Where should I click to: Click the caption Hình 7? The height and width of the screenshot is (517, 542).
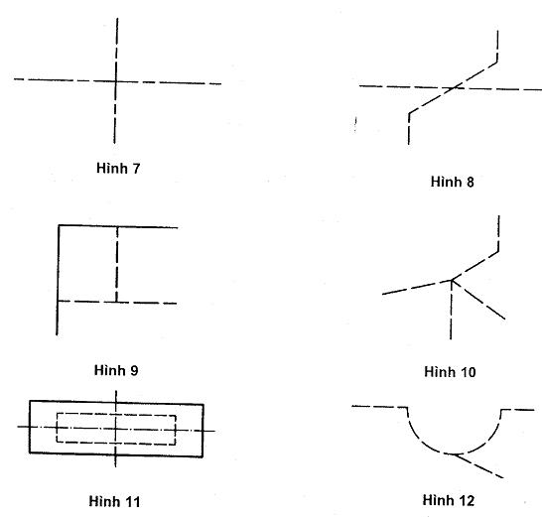point(118,169)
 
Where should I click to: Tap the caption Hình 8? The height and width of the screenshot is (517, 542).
point(452,182)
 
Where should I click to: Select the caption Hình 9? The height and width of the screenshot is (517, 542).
point(116,370)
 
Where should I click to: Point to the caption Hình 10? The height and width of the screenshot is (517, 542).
point(450,372)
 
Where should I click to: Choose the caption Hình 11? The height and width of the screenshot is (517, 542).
point(115,501)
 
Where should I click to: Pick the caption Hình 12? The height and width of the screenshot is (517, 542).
point(449,500)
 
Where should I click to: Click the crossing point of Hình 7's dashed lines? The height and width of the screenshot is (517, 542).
point(116,81)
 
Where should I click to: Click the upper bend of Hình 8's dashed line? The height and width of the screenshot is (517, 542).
point(497,63)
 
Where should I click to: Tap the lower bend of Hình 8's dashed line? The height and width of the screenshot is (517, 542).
point(409,113)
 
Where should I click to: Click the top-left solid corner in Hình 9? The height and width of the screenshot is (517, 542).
point(59,225)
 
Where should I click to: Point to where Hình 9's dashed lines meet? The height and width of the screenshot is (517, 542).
point(116,302)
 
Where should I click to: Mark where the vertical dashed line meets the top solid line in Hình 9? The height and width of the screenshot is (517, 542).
point(117,226)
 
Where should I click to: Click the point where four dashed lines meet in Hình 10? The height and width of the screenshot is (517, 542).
point(452,280)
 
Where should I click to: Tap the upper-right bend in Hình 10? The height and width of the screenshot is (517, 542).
point(498,251)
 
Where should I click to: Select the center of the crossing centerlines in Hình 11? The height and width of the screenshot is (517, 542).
point(116,429)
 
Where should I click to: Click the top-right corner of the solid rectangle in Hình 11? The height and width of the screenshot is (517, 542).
point(203,404)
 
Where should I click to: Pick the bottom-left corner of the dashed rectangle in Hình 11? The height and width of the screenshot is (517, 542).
point(57,442)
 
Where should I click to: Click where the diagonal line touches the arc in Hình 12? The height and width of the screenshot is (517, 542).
point(453,454)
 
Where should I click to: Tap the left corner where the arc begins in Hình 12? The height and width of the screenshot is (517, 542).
point(407,408)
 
